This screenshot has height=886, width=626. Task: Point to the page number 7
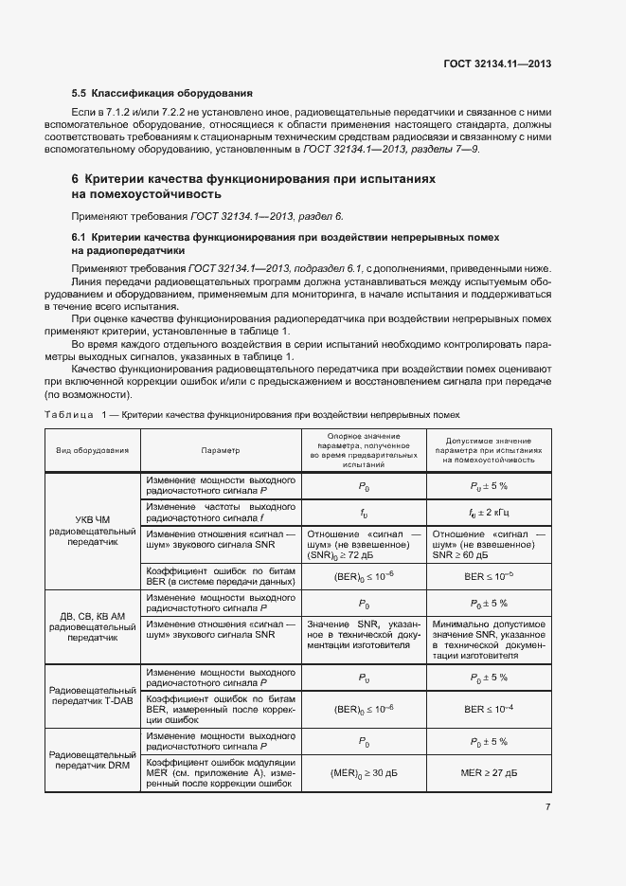pyautogui.click(x=547, y=806)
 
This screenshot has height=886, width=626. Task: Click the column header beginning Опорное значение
pyautogui.click(x=364, y=450)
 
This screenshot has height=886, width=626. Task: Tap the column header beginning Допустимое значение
pyautogui.click(x=489, y=450)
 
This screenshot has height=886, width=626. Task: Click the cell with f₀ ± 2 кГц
pyautogui.click(x=489, y=512)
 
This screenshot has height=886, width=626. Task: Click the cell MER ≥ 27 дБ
pyautogui.click(x=489, y=773)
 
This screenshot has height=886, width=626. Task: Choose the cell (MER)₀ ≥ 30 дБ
pyautogui.click(x=364, y=773)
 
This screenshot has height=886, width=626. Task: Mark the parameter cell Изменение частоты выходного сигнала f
pyautogui.click(x=220, y=512)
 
